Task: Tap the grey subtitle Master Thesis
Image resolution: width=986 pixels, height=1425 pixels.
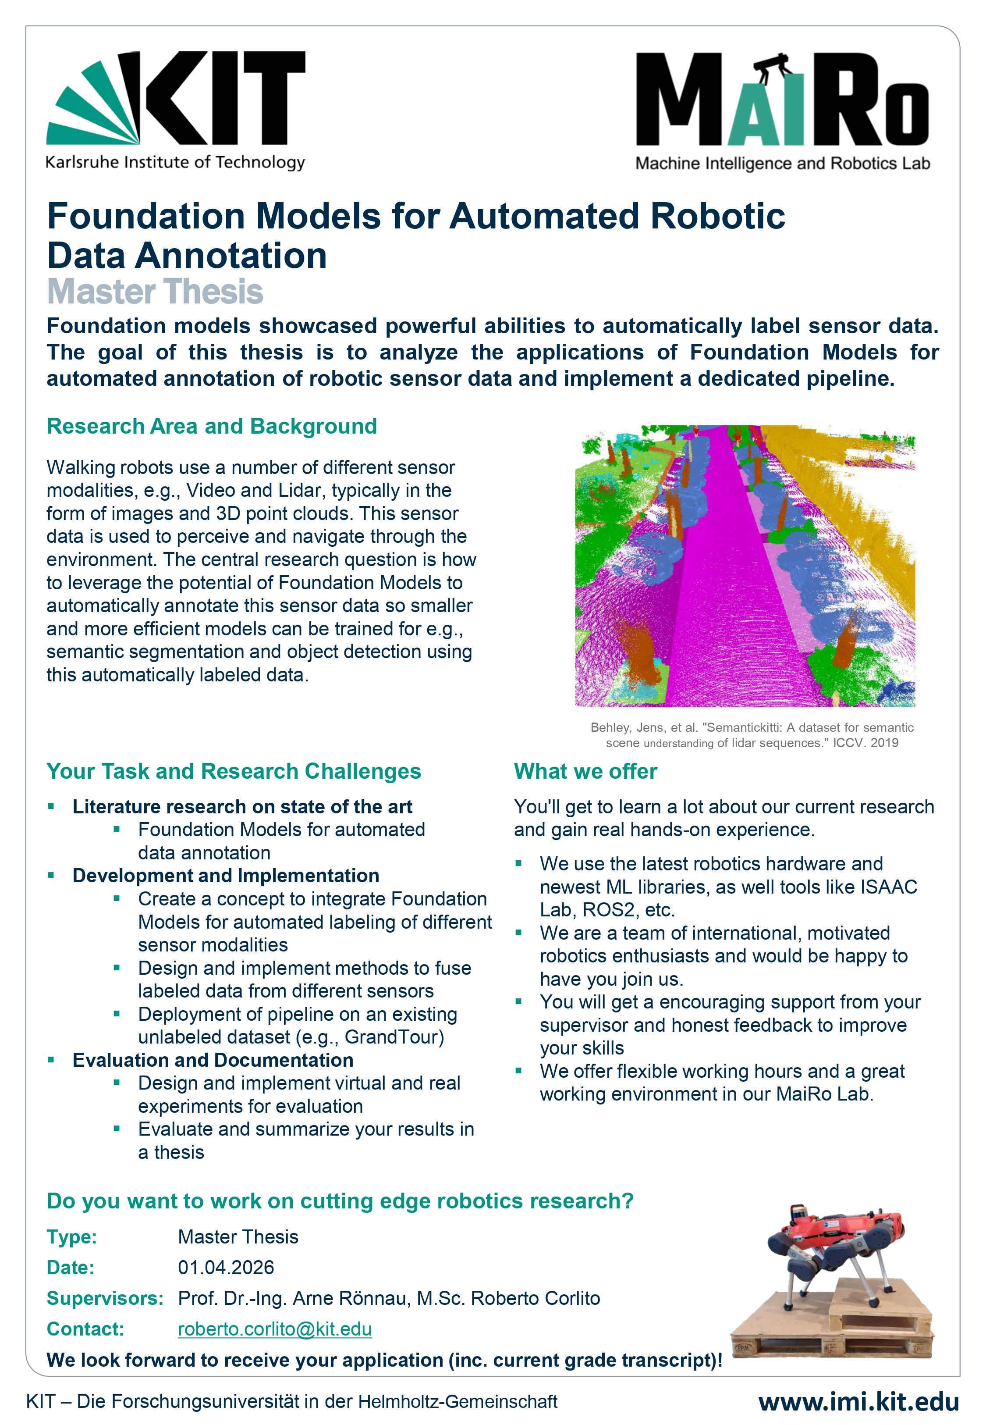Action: (155, 292)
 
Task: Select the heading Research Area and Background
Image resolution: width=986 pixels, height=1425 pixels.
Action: (212, 426)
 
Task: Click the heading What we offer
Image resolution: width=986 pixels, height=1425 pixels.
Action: (585, 771)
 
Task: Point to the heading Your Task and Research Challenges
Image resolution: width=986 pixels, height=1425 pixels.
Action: (234, 771)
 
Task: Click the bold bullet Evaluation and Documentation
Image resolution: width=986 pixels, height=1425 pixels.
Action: (213, 1060)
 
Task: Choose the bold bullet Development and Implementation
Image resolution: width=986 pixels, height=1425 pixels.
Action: (226, 876)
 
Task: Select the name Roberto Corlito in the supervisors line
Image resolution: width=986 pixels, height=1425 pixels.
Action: (535, 1298)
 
